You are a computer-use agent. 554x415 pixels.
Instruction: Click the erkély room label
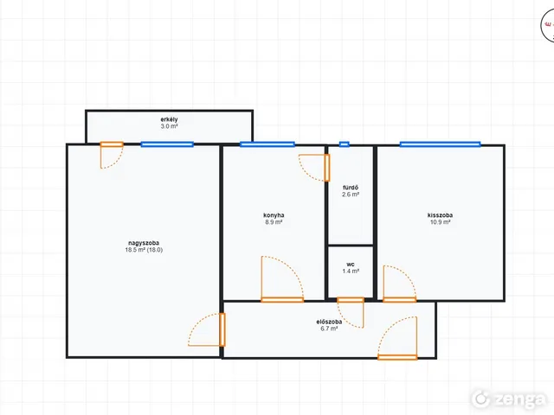[x=169, y=119]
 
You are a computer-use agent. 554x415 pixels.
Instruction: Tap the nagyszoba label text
[x=144, y=243]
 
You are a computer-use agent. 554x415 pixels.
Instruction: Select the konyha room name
[x=274, y=215]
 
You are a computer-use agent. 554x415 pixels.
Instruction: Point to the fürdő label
[x=351, y=188]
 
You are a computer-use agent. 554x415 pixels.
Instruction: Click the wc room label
[x=351, y=265]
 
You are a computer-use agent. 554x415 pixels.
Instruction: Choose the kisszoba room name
[x=440, y=215]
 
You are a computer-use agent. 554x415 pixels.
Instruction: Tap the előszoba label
[x=329, y=322]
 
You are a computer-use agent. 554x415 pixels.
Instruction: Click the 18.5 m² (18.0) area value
[x=144, y=250]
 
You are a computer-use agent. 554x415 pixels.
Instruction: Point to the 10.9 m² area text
[x=440, y=222]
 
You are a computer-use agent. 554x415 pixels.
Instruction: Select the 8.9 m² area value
[x=274, y=222]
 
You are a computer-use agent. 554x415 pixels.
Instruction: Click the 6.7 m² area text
[x=329, y=329]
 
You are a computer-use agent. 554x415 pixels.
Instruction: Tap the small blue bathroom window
[x=345, y=144]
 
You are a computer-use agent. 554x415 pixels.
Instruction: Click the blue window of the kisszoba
[x=440, y=144]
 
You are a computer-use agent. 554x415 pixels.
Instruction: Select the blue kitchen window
[x=267, y=144]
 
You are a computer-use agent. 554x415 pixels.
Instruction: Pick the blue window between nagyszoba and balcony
[x=167, y=144]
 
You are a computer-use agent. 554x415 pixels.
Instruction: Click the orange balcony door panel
[x=112, y=144]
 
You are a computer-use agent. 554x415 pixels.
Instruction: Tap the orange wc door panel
[x=350, y=300]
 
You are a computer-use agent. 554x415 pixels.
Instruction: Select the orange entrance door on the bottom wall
[x=397, y=357]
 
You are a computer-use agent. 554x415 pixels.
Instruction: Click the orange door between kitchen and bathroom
[x=327, y=168]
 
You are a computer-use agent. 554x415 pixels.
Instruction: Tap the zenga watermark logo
[x=508, y=399]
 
